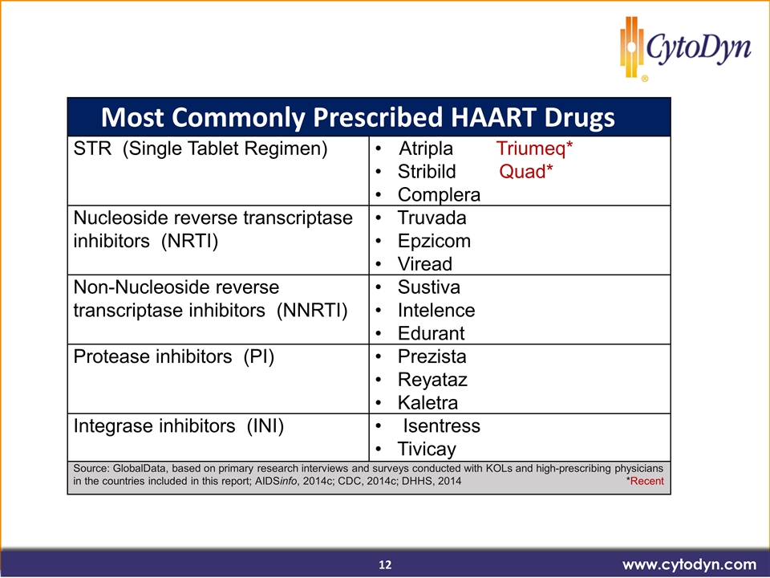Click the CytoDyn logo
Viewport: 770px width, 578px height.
click(x=686, y=48)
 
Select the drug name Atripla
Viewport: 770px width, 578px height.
click(x=426, y=149)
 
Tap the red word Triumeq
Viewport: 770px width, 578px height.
click(x=531, y=149)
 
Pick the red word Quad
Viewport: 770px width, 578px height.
click(x=522, y=172)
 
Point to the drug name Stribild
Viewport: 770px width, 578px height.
click(x=427, y=172)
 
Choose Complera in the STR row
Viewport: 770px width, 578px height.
click(x=439, y=194)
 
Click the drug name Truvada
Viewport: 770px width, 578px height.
click(x=432, y=218)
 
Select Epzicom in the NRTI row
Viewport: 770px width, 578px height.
click(x=434, y=241)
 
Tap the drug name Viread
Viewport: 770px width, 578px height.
click(x=425, y=264)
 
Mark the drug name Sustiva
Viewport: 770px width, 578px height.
click(x=428, y=287)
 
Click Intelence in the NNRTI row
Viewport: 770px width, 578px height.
click(x=436, y=310)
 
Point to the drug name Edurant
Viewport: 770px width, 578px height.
click(x=432, y=333)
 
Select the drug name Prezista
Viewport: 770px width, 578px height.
click(x=432, y=356)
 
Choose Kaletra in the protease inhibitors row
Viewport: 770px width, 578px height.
click(x=428, y=402)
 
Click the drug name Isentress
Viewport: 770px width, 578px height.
click(x=441, y=425)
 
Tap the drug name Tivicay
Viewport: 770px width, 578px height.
click(x=427, y=449)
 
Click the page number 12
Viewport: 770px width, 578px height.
click(x=386, y=564)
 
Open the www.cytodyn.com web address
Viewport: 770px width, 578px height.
click(x=690, y=564)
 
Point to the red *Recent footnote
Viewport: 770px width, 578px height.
click(x=645, y=481)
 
